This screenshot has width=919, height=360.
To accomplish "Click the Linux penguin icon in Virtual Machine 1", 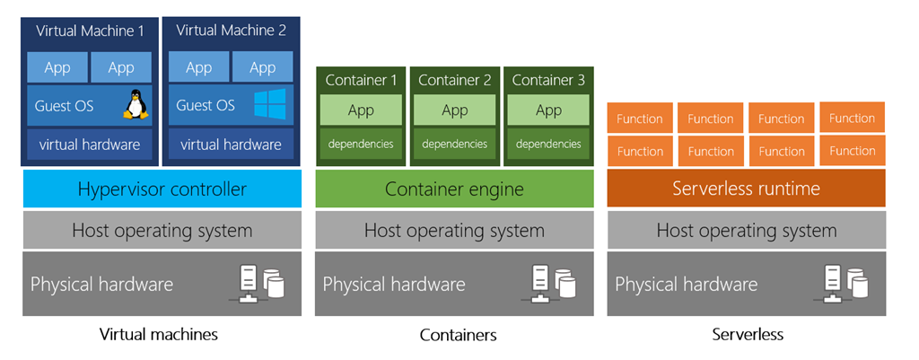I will (x=135, y=106).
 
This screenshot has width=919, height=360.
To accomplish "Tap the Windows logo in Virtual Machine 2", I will (x=268, y=104).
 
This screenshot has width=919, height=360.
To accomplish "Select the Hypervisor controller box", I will (x=162, y=189).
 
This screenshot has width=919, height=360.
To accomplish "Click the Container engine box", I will (x=454, y=189).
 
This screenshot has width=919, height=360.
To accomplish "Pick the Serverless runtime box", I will (x=746, y=189).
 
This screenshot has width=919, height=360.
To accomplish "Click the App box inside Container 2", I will (x=455, y=110).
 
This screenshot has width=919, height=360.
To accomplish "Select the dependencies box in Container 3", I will (x=548, y=144).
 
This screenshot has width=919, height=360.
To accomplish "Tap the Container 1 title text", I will (x=361, y=80).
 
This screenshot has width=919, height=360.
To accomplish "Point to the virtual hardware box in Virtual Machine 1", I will (x=90, y=144).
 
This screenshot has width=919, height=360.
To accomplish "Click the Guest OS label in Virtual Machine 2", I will (x=206, y=105).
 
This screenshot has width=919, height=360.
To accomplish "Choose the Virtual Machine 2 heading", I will (x=231, y=31).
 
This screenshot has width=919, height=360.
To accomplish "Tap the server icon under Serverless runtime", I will (x=846, y=284).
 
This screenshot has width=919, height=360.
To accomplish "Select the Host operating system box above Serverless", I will (x=746, y=231).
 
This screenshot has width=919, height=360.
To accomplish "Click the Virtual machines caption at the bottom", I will (x=158, y=335).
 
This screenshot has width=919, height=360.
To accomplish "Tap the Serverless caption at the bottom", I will (x=748, y=335).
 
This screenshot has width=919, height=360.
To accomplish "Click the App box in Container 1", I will (x=361, y=110).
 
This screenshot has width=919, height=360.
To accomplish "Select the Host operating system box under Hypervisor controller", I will (x=162, y=231).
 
